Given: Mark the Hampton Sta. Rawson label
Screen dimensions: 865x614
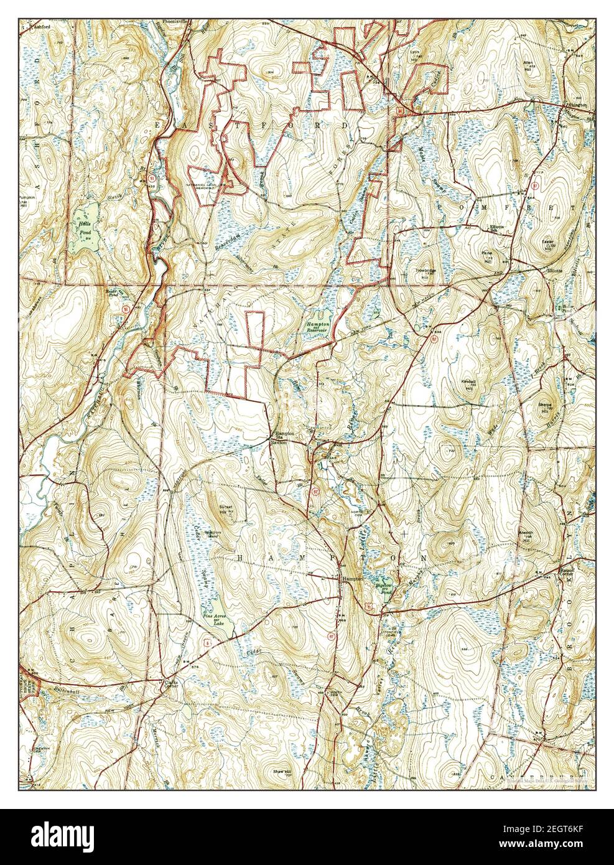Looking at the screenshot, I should click(278, 439).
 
